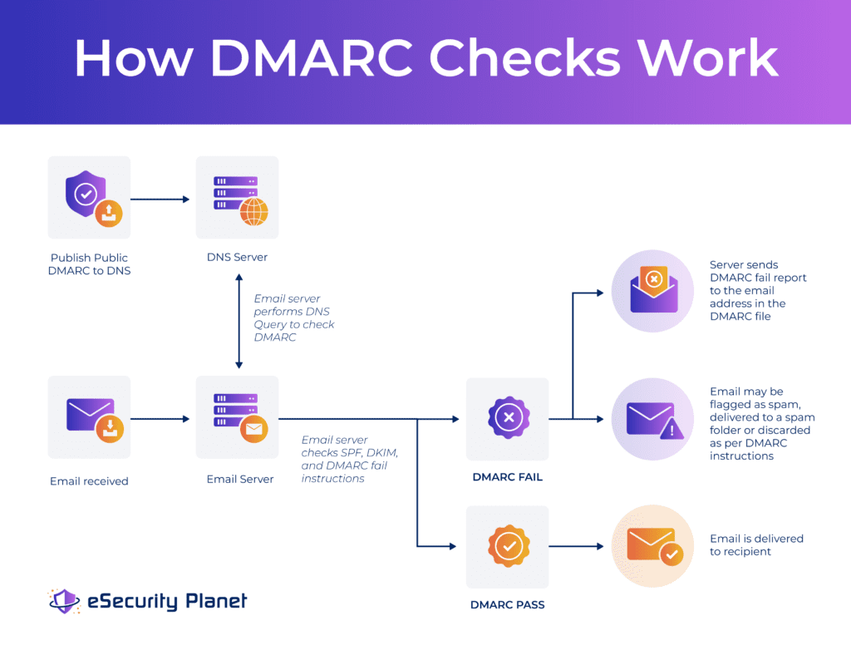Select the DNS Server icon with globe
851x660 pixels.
238,198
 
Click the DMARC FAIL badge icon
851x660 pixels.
508,419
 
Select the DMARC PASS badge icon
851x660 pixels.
508,546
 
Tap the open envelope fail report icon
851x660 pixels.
653,291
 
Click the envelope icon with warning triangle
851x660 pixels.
653,419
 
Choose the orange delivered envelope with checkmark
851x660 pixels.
653,546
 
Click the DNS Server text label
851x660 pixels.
238,258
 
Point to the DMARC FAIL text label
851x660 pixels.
507,477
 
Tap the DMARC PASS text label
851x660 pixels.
507,604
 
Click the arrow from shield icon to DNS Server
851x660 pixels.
160,199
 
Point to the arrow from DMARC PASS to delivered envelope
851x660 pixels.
575,546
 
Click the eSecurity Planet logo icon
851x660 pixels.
64,601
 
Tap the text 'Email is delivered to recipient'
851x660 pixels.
756,545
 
